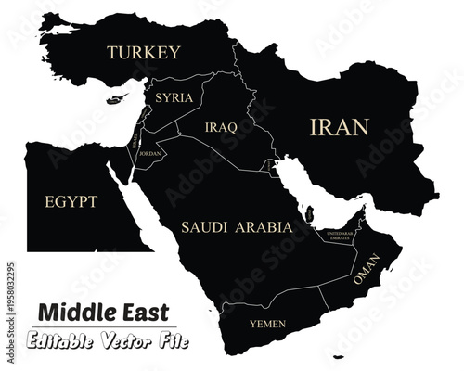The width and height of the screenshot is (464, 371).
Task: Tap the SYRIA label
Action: [x=174, y=97]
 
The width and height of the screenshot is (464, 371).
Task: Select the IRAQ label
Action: [x=220, y=126]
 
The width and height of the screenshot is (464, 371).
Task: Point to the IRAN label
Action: [x=339, y=128]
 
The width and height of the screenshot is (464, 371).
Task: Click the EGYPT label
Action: [x=71, y=200]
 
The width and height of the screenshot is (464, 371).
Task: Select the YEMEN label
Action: [x=267, y=324]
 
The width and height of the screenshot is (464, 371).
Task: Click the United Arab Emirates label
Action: [x=338, y=237]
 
